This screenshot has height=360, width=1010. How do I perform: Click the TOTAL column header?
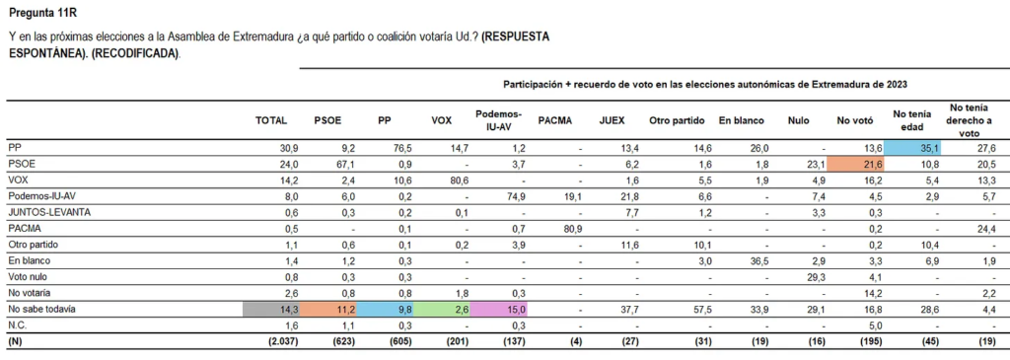(271, 120)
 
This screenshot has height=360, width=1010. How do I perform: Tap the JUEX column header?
(612, 120)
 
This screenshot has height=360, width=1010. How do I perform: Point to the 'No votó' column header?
(854, 120)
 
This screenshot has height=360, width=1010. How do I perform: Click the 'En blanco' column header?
(739, 120)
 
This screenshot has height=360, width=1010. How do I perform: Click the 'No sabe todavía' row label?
(42, 309)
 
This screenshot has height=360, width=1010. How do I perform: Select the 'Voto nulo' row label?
(30, 276)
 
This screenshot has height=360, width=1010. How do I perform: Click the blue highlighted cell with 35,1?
(911, 146)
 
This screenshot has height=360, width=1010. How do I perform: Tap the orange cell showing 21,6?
(854, 163)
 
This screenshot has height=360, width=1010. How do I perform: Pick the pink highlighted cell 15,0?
(499, 309)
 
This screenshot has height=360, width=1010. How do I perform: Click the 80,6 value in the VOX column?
(444, 180)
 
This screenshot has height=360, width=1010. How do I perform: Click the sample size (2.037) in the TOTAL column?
(271, 341)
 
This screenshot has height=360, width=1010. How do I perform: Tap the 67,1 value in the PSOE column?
(329, 163)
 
